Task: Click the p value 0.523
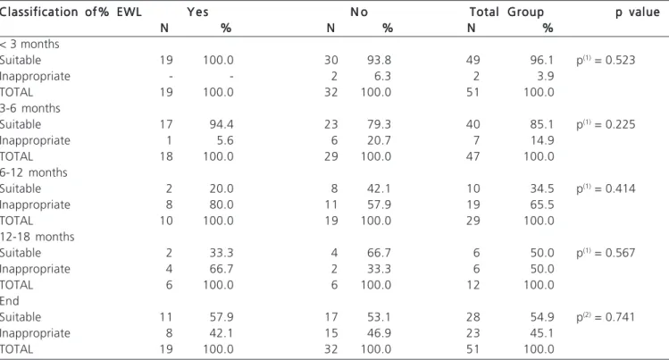(606, 60)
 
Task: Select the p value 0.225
(606, 124)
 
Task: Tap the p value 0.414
(606, 188)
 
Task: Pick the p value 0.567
(606, 253)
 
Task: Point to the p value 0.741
(606, 317)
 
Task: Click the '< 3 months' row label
(29, 45)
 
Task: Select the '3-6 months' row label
(29, 108)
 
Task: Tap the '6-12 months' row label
(34, 172)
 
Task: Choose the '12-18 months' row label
(38, 237)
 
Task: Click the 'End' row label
(10, 301)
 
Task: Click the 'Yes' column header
(197, 12)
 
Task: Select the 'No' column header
(359, 12)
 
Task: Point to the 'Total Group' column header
(506, 12)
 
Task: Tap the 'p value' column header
(638, 13)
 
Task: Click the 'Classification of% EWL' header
(71, 12)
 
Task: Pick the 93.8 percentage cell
(379, 60)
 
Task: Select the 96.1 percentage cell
(542, 60)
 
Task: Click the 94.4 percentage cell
(222, 124)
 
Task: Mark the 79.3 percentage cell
(379, 124)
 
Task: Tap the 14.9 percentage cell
(542, 141)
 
